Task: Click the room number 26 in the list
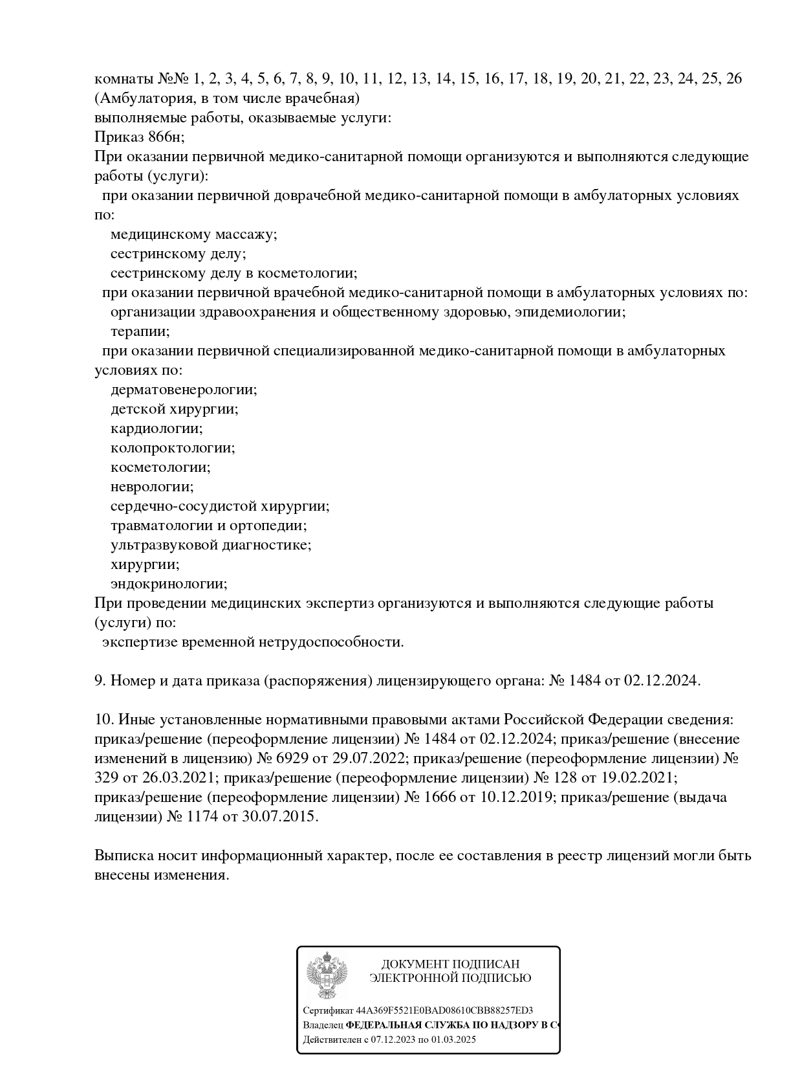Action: point(734,79)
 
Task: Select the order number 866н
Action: point(161,137)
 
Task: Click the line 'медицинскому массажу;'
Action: point(193,234)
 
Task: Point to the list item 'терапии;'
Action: point(140,331)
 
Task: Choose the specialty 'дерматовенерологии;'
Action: point(184,390)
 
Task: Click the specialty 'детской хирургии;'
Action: point(174,409)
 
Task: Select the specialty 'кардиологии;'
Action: point(157,428)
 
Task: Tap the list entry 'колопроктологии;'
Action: point(173,448)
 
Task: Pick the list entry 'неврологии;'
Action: point(152,487)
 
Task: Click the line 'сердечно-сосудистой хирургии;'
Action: point(220,506)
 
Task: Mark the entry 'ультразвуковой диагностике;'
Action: point(211,545)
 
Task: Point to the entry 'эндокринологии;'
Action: point(169,584)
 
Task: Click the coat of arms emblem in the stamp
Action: point(327,976)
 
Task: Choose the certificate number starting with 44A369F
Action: point(444,1010)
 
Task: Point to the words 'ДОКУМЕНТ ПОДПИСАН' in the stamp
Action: point(450,964)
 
